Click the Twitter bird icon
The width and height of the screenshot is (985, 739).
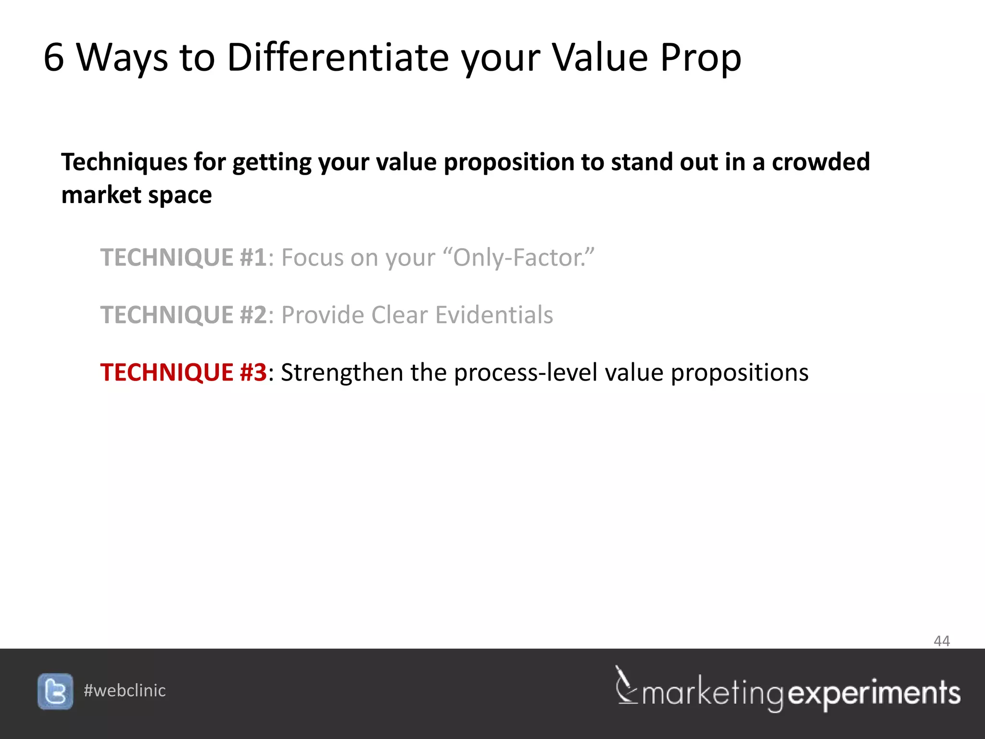pyautogui.click(x=55, y=691)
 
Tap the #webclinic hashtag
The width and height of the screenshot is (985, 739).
pyautogui.click(x=125, y=691)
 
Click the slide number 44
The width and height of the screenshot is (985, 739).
pyautogui.click(x=941, y=641)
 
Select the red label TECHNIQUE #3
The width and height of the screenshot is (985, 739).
pyautogui.click(x=183, y=372)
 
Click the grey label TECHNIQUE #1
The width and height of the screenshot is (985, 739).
pyautogui.click(x=183, y=257)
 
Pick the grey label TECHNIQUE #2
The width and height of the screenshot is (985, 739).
pyautogui.click(x=183, y=315)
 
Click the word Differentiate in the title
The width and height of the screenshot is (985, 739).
pyautogui.click(x=338, y=58)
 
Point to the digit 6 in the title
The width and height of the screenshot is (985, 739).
pyautogui.click(x=53, y=58)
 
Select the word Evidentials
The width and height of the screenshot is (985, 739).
pyautogui.click(x=494, y=315)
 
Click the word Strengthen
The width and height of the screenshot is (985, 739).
pyautogui.click(x=341, y=372)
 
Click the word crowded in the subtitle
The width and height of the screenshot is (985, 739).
pyautogui.click(x=821, y=162)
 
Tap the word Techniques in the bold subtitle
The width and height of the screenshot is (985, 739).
pyautogui.click(x=124, y=163)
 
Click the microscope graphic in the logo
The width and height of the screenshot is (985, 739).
pyautogui.click(x=625, y=685)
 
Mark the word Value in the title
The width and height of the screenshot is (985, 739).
pyautogui.click(x=599, y=58)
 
